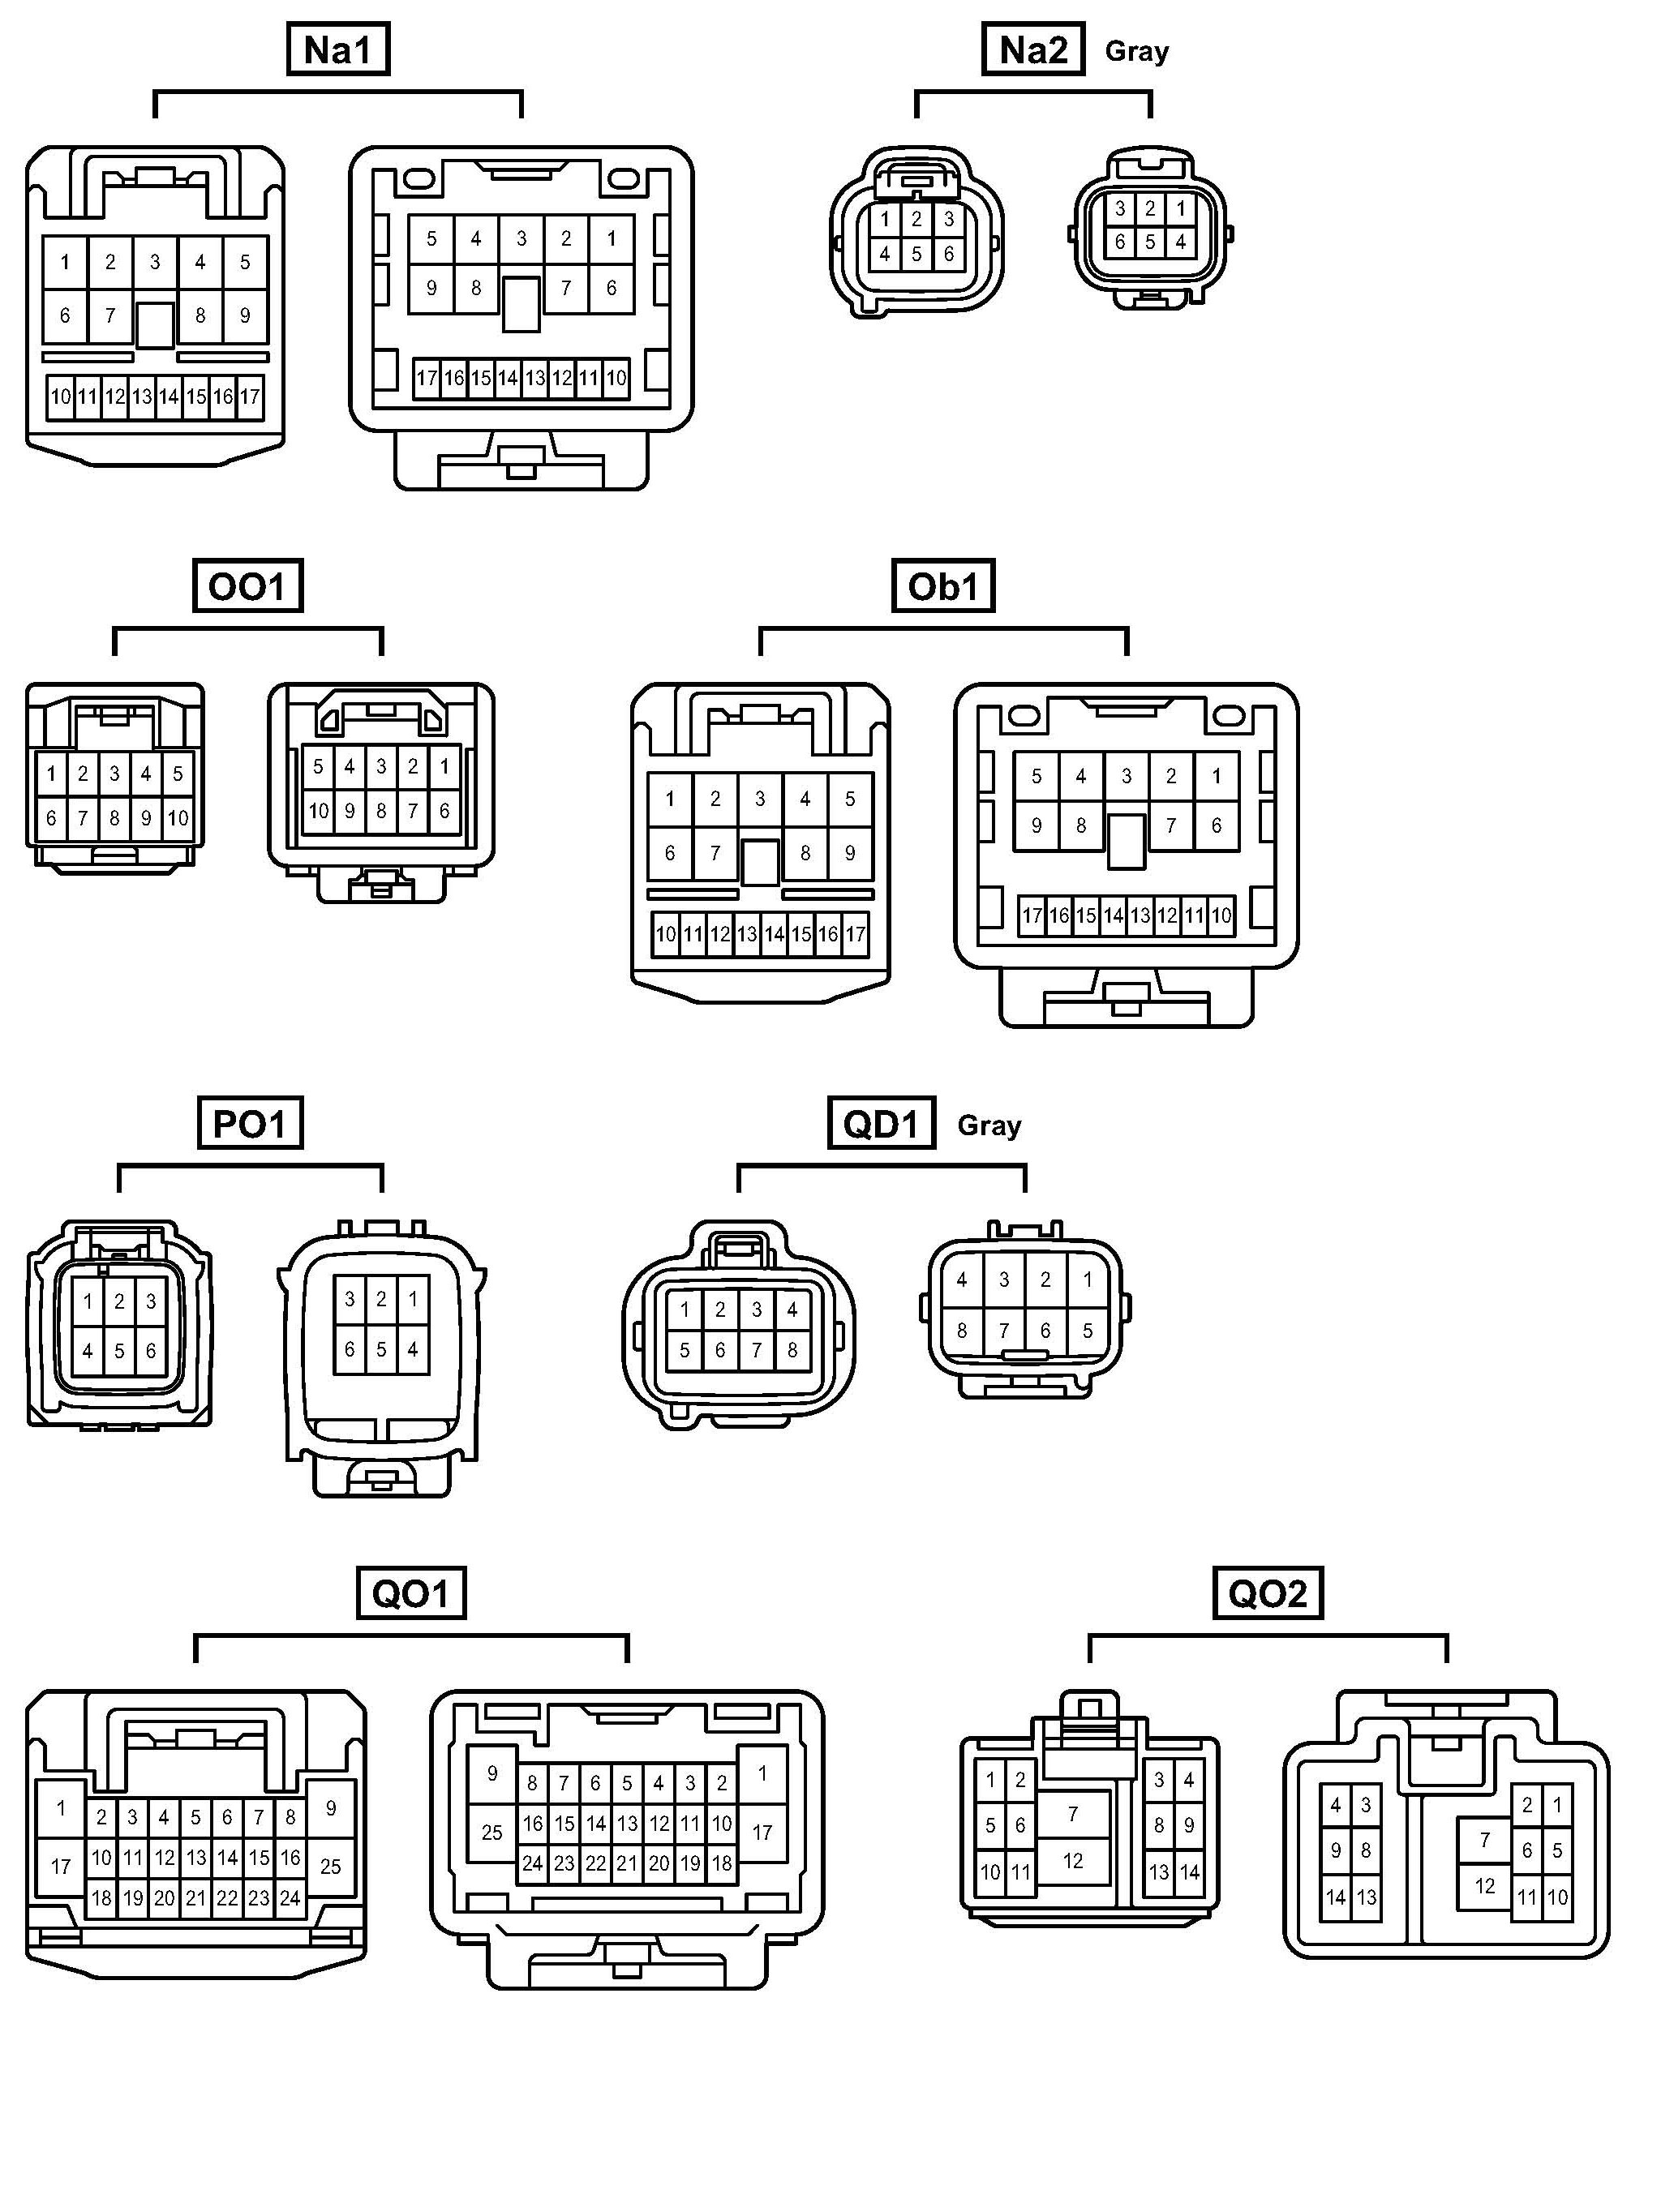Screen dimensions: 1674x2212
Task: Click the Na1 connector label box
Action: coord(337,49)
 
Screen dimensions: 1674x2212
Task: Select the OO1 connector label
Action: coord(247,586)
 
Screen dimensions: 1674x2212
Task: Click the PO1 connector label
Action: coord(250,1124)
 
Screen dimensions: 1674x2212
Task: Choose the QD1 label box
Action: coord(881,1124)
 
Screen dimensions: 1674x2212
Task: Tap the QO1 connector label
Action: coord(411,1593)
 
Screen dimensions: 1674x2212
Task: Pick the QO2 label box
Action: coord(1267,1593)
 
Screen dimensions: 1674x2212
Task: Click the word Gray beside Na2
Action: coord(1136,51)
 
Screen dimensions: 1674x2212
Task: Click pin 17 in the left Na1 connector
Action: coord(250,396)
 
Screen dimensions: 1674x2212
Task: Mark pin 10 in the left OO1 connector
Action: coord(177,818)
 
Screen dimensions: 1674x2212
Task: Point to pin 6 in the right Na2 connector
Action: coord(1120,242)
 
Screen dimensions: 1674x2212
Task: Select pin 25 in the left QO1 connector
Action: coord(330,1867)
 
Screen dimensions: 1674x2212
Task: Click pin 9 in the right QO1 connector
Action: coord(492,1774)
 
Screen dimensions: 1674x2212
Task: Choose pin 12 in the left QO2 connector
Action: coord(1072,1861)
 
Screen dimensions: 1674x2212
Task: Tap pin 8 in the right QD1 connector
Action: coord(961,1331)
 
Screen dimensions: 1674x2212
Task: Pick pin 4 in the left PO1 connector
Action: coord(88,1351)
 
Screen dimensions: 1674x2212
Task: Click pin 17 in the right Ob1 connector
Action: coord(1032,915)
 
